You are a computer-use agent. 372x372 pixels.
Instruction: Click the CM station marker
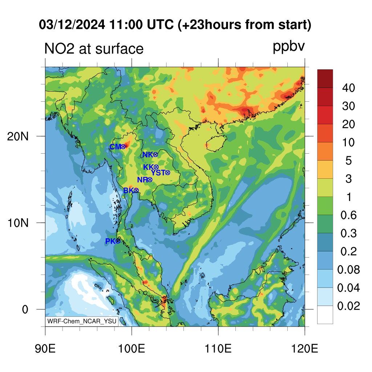click(123, 147)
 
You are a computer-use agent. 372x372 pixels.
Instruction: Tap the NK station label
click(147, 155)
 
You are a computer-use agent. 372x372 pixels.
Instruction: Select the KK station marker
click(156, 167)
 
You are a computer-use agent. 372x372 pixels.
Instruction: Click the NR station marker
click(150, 180)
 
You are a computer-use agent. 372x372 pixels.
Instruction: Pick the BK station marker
click(136, 190)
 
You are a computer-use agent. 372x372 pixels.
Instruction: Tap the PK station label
click(110, 241)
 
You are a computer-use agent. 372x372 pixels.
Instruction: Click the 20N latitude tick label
click(18, 137)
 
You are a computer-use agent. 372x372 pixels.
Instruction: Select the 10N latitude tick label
click(18, 223)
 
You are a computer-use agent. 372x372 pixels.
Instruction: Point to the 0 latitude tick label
click(25, 310)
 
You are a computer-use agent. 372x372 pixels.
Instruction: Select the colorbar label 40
click(348, 88)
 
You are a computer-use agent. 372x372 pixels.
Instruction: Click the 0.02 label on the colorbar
click(348, 306)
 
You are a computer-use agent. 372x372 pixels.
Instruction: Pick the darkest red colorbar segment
click(325, 79)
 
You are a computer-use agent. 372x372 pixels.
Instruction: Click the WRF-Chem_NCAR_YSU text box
click(82, 321)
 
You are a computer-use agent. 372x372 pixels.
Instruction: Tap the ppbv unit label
click(289, 46)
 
